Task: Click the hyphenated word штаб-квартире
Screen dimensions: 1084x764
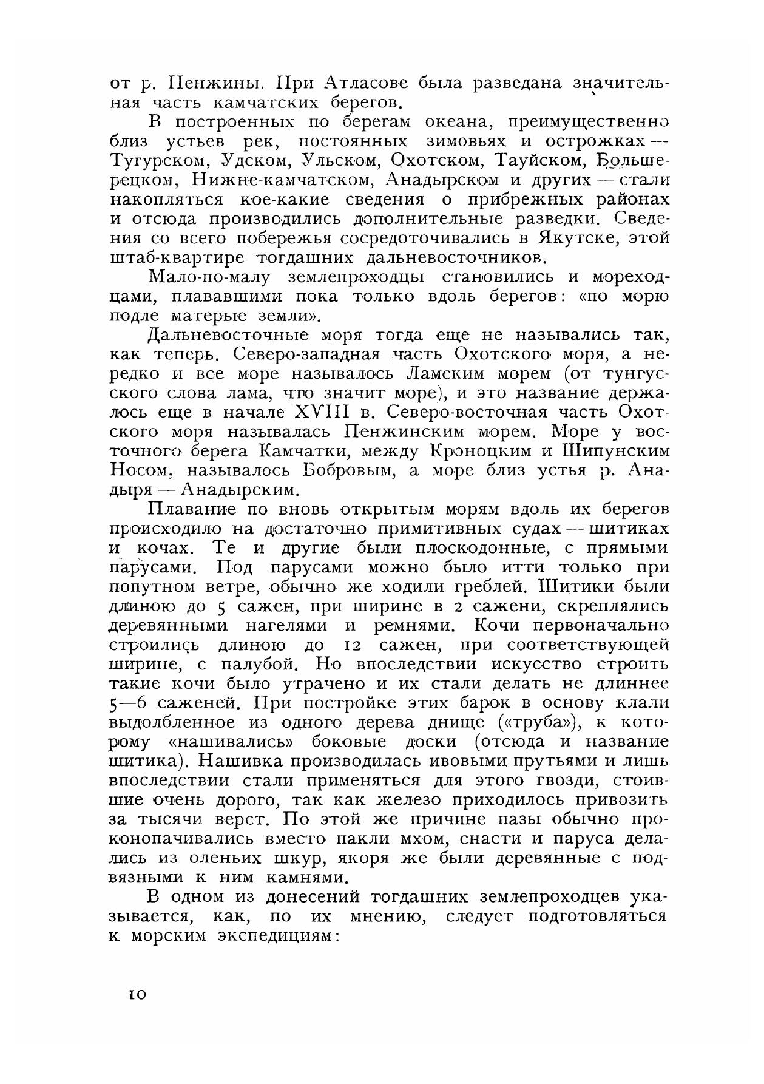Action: coord(180,258)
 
